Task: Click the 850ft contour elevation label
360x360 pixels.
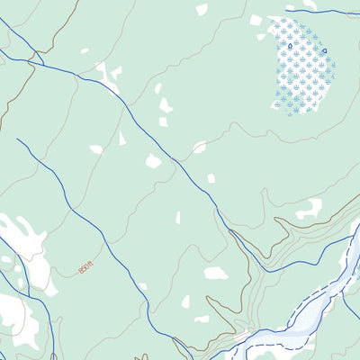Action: click(x=85, y=267)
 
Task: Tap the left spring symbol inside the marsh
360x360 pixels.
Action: click(x=277, y=42)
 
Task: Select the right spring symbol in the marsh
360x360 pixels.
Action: click(x=324, y=50)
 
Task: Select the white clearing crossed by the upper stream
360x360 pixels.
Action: click(x=108, y=76)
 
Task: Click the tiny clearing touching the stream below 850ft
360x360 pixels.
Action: click(x=142, y=287)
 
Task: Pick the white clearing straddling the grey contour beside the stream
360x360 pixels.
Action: click(x=199, y=147)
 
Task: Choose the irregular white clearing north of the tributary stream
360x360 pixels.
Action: click(x=309, y=210)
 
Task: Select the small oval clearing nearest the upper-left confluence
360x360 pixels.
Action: click(x=85, y=50)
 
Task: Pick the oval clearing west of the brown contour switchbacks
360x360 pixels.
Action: click(x=216, y=273)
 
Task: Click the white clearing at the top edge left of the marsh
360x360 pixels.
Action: click(x=202, y=9)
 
